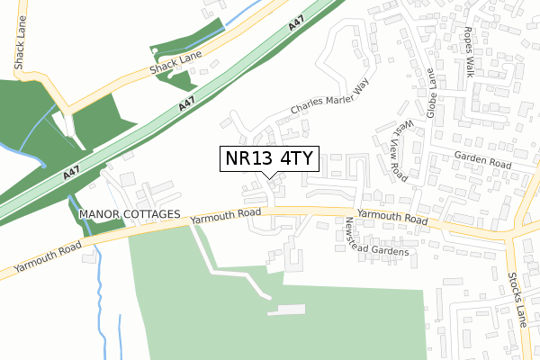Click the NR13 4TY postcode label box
pyautogui.click(x=269, y=158)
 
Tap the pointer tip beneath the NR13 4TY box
pyautogui.click(x=269, y=177)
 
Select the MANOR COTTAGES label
pyautogui.click(x=130, y=216)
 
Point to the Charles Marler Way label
pyautogui.click(x=329, y=98)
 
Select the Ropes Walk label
pyautogui.click(x=468, y=51)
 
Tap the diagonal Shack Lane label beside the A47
pyautogui.click(x=178, y=62)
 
